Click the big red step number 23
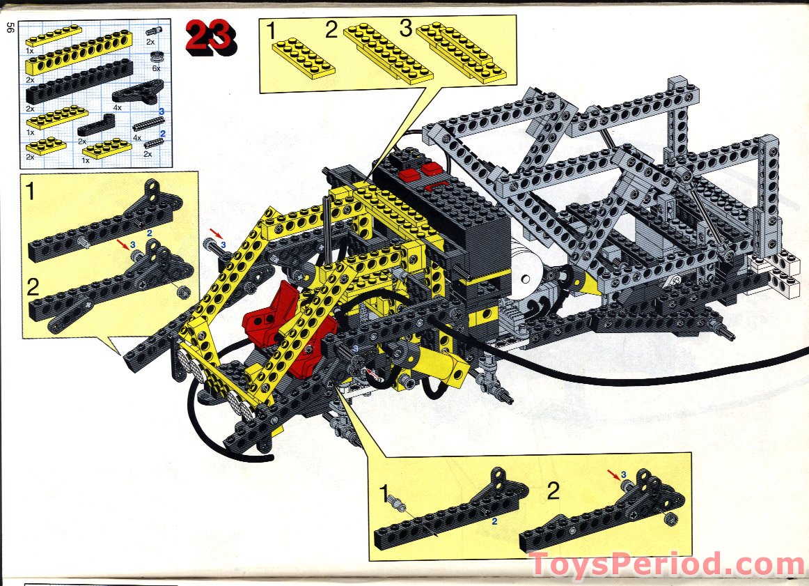click(x=210, y=39)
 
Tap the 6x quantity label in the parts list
click(x=156, y=69)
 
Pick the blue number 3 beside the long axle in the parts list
click(x=161, y=111)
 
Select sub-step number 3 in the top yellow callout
click(x=406, y=29)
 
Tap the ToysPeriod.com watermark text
click(x=667, y=564)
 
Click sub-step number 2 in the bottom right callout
click(x=553, y=493)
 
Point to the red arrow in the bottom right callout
click(x=613, y=475)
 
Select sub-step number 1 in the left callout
click(x=30, y=192)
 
